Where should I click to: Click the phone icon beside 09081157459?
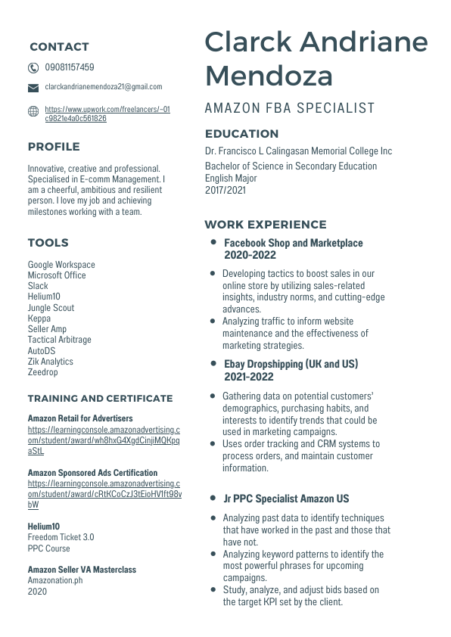click(x=33, y=67)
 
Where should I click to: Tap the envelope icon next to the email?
click(x=33, y=88)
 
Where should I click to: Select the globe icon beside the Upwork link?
click(x=33, y=112)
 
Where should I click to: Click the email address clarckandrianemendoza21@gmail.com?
click(x=104, y=87)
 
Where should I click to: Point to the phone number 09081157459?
click(x=70, y=67)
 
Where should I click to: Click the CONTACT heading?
click(x=59, y=47)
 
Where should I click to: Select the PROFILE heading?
click(x=54, y=147)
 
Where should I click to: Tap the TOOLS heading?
click(x=48, y=243)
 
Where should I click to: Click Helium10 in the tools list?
click(x=44, y=297)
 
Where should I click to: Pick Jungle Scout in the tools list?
click(x=51, y=308)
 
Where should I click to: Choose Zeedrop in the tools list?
click(x=43, y=372)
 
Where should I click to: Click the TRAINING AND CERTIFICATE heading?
click(x=101, y=399)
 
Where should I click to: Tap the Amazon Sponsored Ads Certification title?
click(x=93, y=473)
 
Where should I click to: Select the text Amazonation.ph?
click(x=55, y=580)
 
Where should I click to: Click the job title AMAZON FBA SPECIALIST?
click(x=290, y=108)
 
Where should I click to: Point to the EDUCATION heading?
click(x=241, y=134)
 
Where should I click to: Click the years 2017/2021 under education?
click(x=225, y=191)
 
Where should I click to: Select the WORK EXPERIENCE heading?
click(x=266, y=225)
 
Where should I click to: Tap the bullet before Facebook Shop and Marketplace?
click(x=213, y=242)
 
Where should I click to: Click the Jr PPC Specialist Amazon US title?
click(x=287, y=499)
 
